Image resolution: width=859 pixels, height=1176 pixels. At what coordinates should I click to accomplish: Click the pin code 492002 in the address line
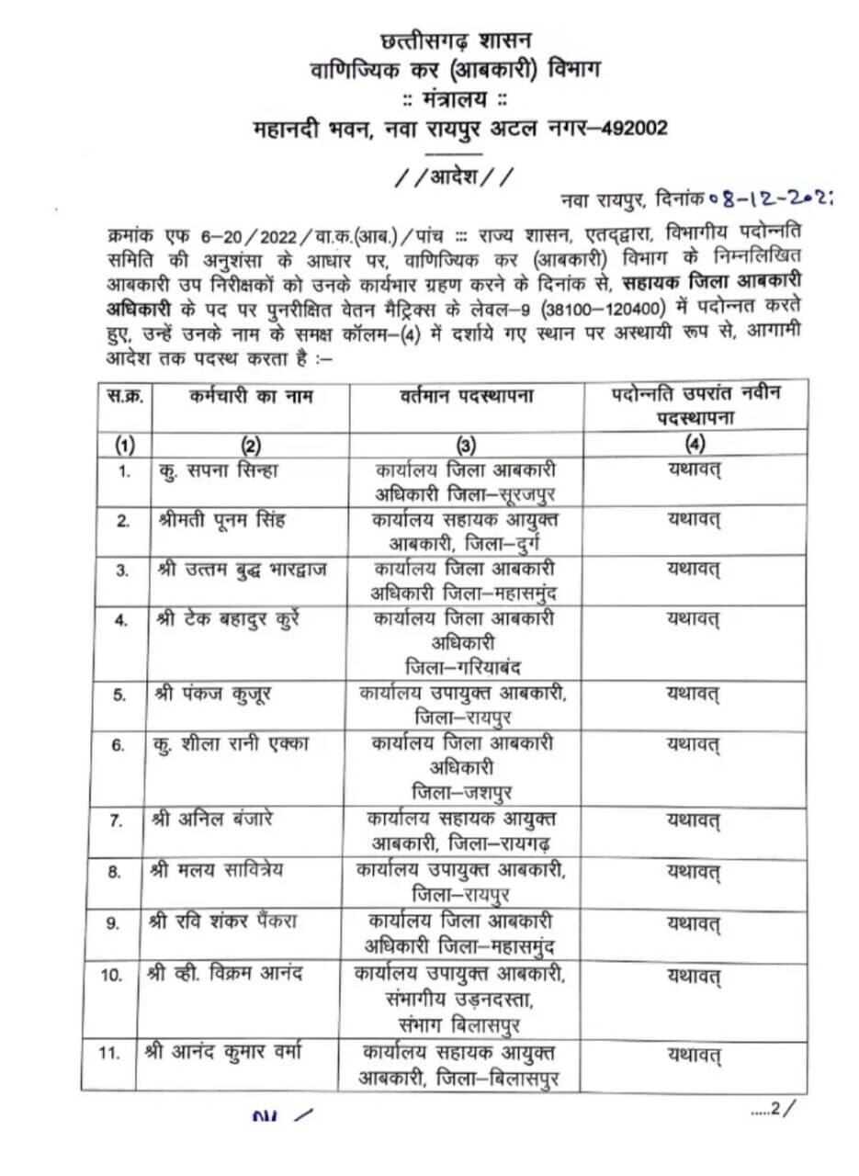(x=634, y=129)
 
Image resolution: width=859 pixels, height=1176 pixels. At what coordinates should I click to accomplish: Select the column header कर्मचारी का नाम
(x=251, y=396)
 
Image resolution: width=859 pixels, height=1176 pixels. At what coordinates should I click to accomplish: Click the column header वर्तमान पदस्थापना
(x=467, y=397)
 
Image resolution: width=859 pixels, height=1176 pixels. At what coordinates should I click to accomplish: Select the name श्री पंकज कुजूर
(x=211, y=694)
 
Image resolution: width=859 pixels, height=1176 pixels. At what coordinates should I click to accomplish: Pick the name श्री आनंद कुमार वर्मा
(x=237, y=1052)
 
